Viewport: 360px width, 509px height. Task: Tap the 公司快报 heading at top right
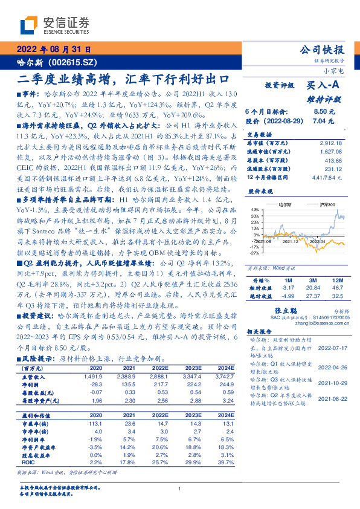[x=322, y=50]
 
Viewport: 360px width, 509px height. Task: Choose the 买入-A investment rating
[x=324, y=87]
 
